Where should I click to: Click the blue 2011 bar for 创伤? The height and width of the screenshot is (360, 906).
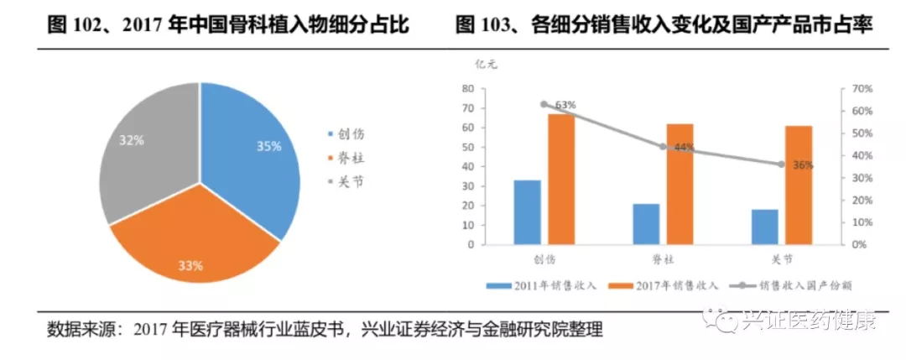[527, 212]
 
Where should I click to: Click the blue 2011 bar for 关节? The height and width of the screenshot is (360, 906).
[764, 227]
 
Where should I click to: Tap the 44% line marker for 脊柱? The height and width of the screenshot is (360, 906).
[663, 147]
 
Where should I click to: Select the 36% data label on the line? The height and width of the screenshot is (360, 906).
[803, 165]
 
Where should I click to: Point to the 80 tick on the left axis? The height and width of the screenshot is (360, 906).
[469, 89]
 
